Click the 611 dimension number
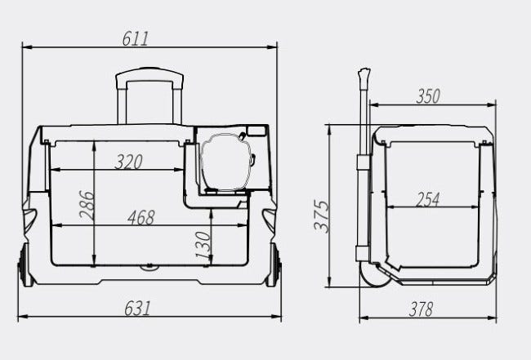coord(135,38)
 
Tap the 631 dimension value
coord(137,309)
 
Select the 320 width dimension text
coord(129,162)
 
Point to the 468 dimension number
coord(141,217)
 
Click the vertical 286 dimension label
coord(86,205)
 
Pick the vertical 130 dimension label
coord(203,245)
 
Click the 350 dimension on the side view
coord(428,96)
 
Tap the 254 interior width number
coord(427,199)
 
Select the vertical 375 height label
coord(321,216)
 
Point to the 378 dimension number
coord(421,309)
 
